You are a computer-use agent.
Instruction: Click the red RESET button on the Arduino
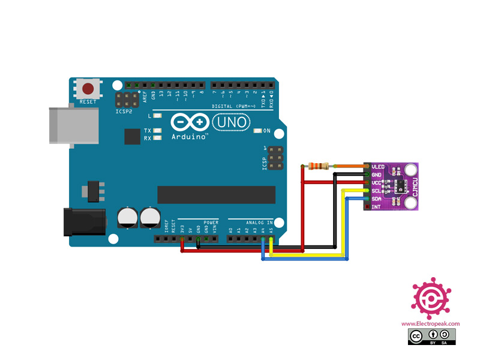tap(88, 90)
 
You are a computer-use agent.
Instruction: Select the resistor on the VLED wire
tap(319, 166)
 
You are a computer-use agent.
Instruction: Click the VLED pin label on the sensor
tap(378, 166)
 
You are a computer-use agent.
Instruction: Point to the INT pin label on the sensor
tap(376, 207)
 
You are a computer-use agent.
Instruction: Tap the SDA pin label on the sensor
tap(377, 199)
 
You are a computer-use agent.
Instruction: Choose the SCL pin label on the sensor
tap(377, 191)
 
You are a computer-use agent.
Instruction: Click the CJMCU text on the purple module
tap(413, 187)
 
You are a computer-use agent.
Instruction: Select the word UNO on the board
tap(230, 122)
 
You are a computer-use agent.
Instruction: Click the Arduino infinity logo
tap(188, 122)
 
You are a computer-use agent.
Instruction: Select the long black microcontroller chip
tap(216, 194)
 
